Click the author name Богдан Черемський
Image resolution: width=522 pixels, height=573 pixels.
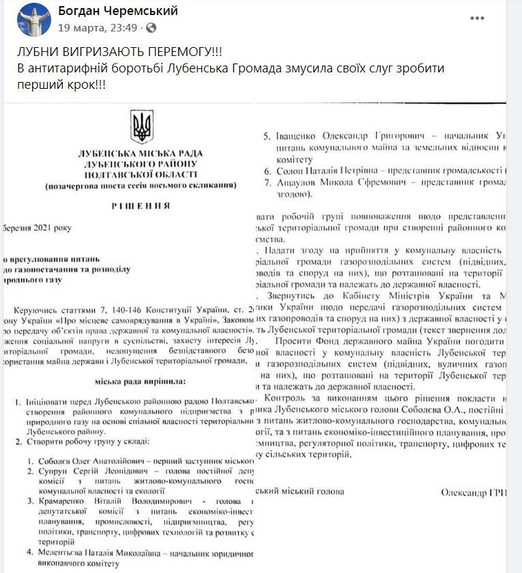click(118, 11)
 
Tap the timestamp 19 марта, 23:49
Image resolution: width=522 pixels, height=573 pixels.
click(99, 28)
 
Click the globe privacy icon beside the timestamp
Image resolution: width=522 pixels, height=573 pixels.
click(151, 28)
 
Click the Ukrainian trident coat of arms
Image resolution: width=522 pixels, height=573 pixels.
click(142, 127)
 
